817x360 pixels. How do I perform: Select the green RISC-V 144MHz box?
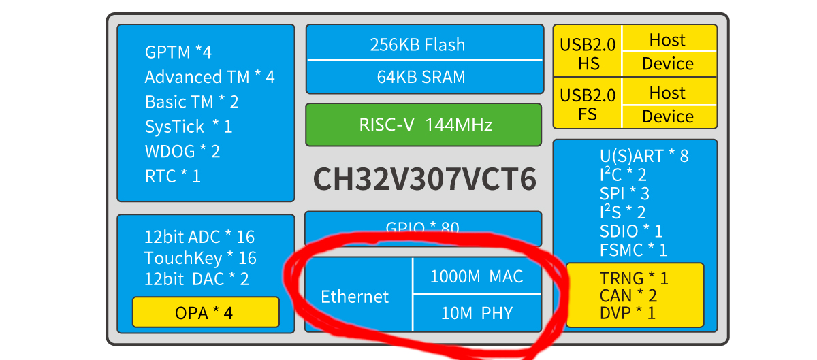click(423, 125)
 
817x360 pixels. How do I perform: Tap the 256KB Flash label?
click(417, 45)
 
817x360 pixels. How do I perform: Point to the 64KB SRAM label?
click(421, 77)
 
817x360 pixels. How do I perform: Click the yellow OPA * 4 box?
click(204, 313)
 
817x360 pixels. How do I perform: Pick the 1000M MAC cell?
click(477, 276)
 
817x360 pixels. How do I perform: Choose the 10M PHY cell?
click(477, 313)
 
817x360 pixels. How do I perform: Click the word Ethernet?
click(355, 297)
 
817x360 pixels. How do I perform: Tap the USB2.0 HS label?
click(588, 53)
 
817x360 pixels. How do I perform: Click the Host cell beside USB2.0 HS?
click(667, 39)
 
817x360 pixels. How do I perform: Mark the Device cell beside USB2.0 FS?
click(667, 116)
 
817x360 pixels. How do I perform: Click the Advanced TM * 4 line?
click(210, 77)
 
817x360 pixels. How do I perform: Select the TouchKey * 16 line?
click(200, 258)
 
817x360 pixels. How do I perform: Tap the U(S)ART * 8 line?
click(643, 156)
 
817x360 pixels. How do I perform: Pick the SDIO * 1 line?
click(630, 231)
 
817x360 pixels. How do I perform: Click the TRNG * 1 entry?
click(634, 278)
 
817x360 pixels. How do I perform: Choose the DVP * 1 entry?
click(627, 312)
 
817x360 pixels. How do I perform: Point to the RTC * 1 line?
click(173, 176)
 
